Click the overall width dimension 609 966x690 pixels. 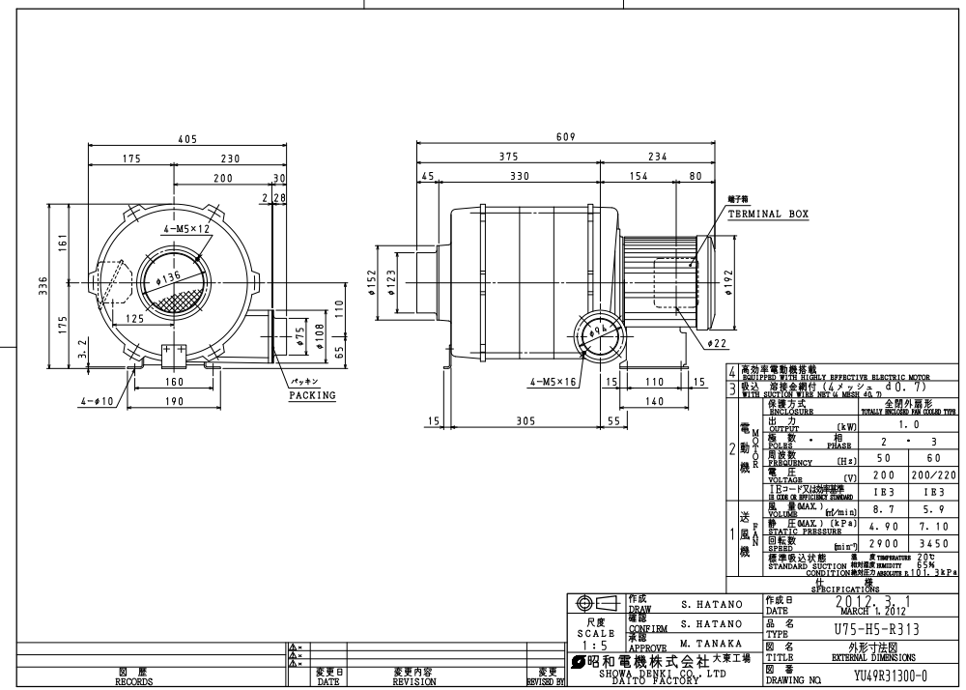click(x=566, y=137)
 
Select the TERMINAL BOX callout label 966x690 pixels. click(x=768, y=214)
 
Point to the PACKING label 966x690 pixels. click(x=312, y=395)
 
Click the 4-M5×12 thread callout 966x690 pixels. click(x=186, y=230)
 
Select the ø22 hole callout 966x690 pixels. click(x=717, y=343)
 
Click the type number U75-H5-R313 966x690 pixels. click(x=876, y=628)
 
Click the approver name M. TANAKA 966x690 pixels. click(x=711, y=644)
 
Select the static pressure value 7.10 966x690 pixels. click(x=932, y=527)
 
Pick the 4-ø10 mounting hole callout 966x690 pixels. click(x=100, y=400)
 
